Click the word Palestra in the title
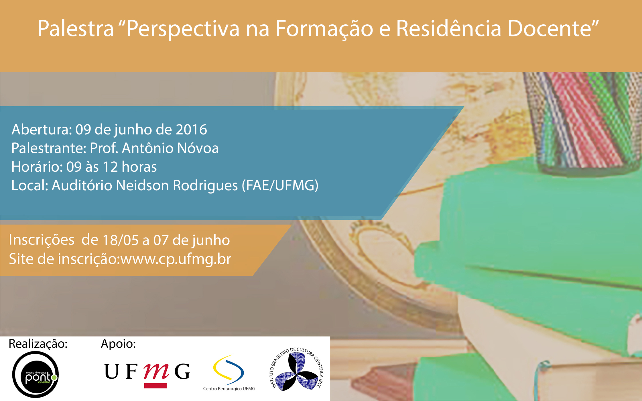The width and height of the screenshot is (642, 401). pyautogui.click(x=76, y=29)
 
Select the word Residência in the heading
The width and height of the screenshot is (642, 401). pyautogui.click(x=449, y=29)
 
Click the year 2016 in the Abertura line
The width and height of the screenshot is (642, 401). pyautogui.click(x=191, y=130)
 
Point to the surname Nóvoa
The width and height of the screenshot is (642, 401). pyautogui.click(x=198, y=148)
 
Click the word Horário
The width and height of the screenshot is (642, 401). pyautogui.click(x=37, y=167)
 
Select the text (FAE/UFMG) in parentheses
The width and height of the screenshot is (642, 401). pyautogui.click(x=280, y=185)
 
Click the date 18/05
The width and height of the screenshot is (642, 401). pyautogui.click(x=121, y=240)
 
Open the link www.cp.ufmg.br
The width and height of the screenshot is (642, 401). pyautogui.click(x=176, y=259)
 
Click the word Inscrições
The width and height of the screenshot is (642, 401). pyautogui.click(x=42, y=240)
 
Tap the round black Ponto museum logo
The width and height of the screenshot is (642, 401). pyautogui.click(x=36, y=374)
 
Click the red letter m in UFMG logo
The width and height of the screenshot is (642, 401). pyautogui.click(x=156, y=372)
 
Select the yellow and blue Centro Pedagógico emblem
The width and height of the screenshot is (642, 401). pyautogui.click(x=229, y=370)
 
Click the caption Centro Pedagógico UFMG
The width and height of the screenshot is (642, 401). pyautogui.click(x=229, y=389)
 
